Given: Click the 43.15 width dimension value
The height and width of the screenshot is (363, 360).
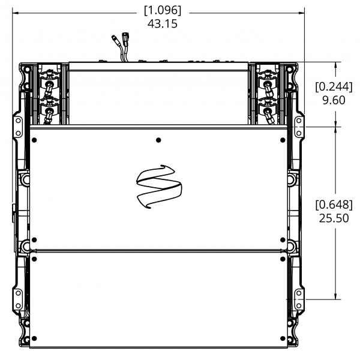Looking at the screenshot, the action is tap(163, 23).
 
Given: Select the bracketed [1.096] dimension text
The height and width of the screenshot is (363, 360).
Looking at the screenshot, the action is tap(163, 10).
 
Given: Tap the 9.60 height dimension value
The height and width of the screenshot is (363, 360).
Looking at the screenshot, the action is tap(334, 100).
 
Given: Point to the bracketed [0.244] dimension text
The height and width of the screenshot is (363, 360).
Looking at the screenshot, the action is tap(334, 87).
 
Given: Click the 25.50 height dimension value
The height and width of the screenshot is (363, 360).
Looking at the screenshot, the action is tap(334, 218).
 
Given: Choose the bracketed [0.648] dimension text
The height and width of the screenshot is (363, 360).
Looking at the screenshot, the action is tap(334, 205).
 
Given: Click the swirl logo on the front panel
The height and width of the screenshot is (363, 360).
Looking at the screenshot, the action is tap(159, 187).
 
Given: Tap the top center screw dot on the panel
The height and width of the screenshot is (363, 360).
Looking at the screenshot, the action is tap(158, 140).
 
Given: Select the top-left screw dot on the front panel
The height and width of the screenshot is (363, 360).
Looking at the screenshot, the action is tap(34, 140).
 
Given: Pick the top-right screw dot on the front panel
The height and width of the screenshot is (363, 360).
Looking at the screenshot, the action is tap(283, 140).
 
